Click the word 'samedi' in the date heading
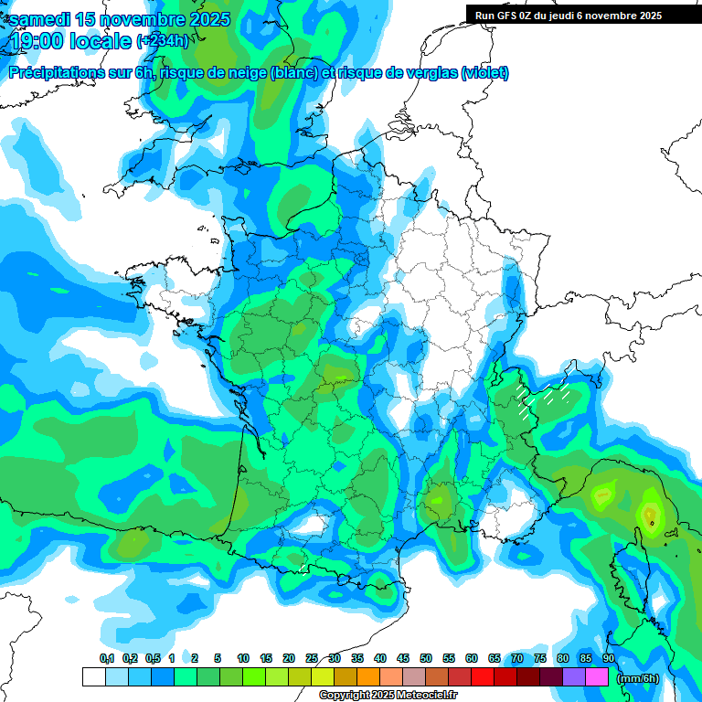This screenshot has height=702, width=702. point(40,19)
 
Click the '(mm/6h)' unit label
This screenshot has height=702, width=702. point(637,678)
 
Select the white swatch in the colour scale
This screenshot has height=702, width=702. point(93,677)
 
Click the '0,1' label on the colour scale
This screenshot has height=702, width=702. point(107,659)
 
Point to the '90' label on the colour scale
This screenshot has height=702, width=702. point(609,659)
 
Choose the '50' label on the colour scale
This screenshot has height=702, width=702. point(426,659)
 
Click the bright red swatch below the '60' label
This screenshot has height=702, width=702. point(483,677)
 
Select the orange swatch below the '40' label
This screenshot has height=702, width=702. point(368,677)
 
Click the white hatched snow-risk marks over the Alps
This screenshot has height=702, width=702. point(543,396)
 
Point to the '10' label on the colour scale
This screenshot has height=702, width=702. point(243,659)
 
